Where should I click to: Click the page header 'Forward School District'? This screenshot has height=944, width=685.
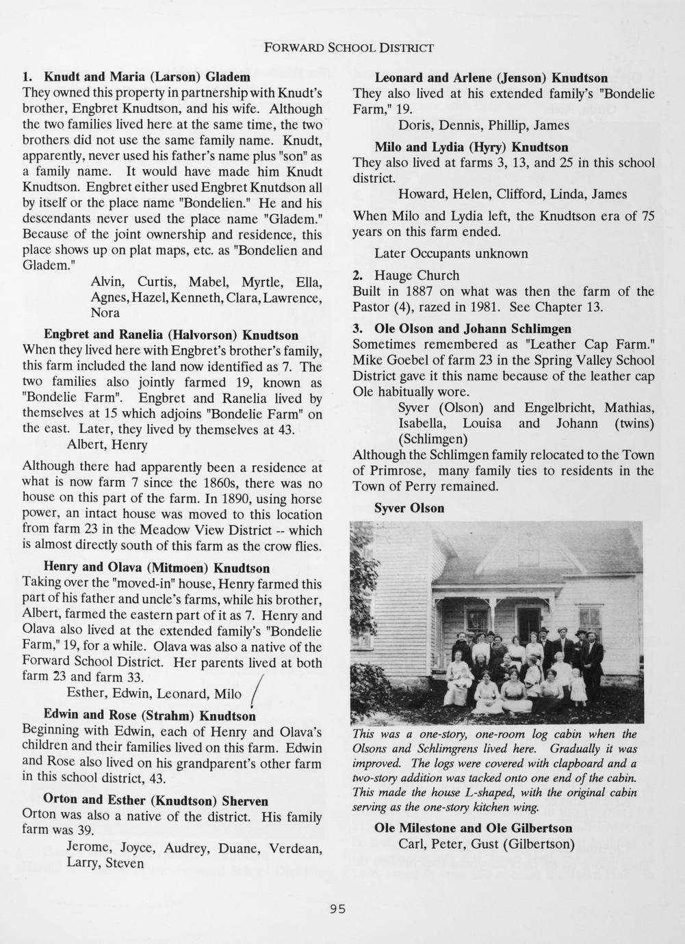[x=349, y=48]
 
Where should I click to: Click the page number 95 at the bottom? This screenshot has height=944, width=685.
[x=337, y=909]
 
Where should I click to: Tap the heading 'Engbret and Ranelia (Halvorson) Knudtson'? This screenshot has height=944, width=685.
[x=171, y=335]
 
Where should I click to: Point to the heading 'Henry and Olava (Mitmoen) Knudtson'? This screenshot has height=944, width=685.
[x=156, y=568]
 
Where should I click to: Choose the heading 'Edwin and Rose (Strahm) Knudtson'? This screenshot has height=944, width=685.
[x=149, y=715]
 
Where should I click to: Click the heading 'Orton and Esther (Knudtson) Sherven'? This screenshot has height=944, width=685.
[x=155, y=800]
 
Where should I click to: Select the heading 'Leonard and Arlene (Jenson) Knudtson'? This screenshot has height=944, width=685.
[x=491, y=78]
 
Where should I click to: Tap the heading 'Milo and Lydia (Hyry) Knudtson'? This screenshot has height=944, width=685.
[x=471, y=147]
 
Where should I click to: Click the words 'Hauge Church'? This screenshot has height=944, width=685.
[x=416, y=276]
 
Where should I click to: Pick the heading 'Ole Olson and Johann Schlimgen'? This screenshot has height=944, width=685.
[x=472, y=328]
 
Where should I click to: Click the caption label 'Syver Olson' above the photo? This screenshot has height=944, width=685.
[x=409, y=508]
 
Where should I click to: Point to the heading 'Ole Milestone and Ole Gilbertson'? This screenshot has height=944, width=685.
[x=473, y=828]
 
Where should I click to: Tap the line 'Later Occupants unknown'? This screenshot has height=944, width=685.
[x=451, y=254]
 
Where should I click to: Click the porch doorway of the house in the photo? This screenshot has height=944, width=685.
[x=528, y=622]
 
